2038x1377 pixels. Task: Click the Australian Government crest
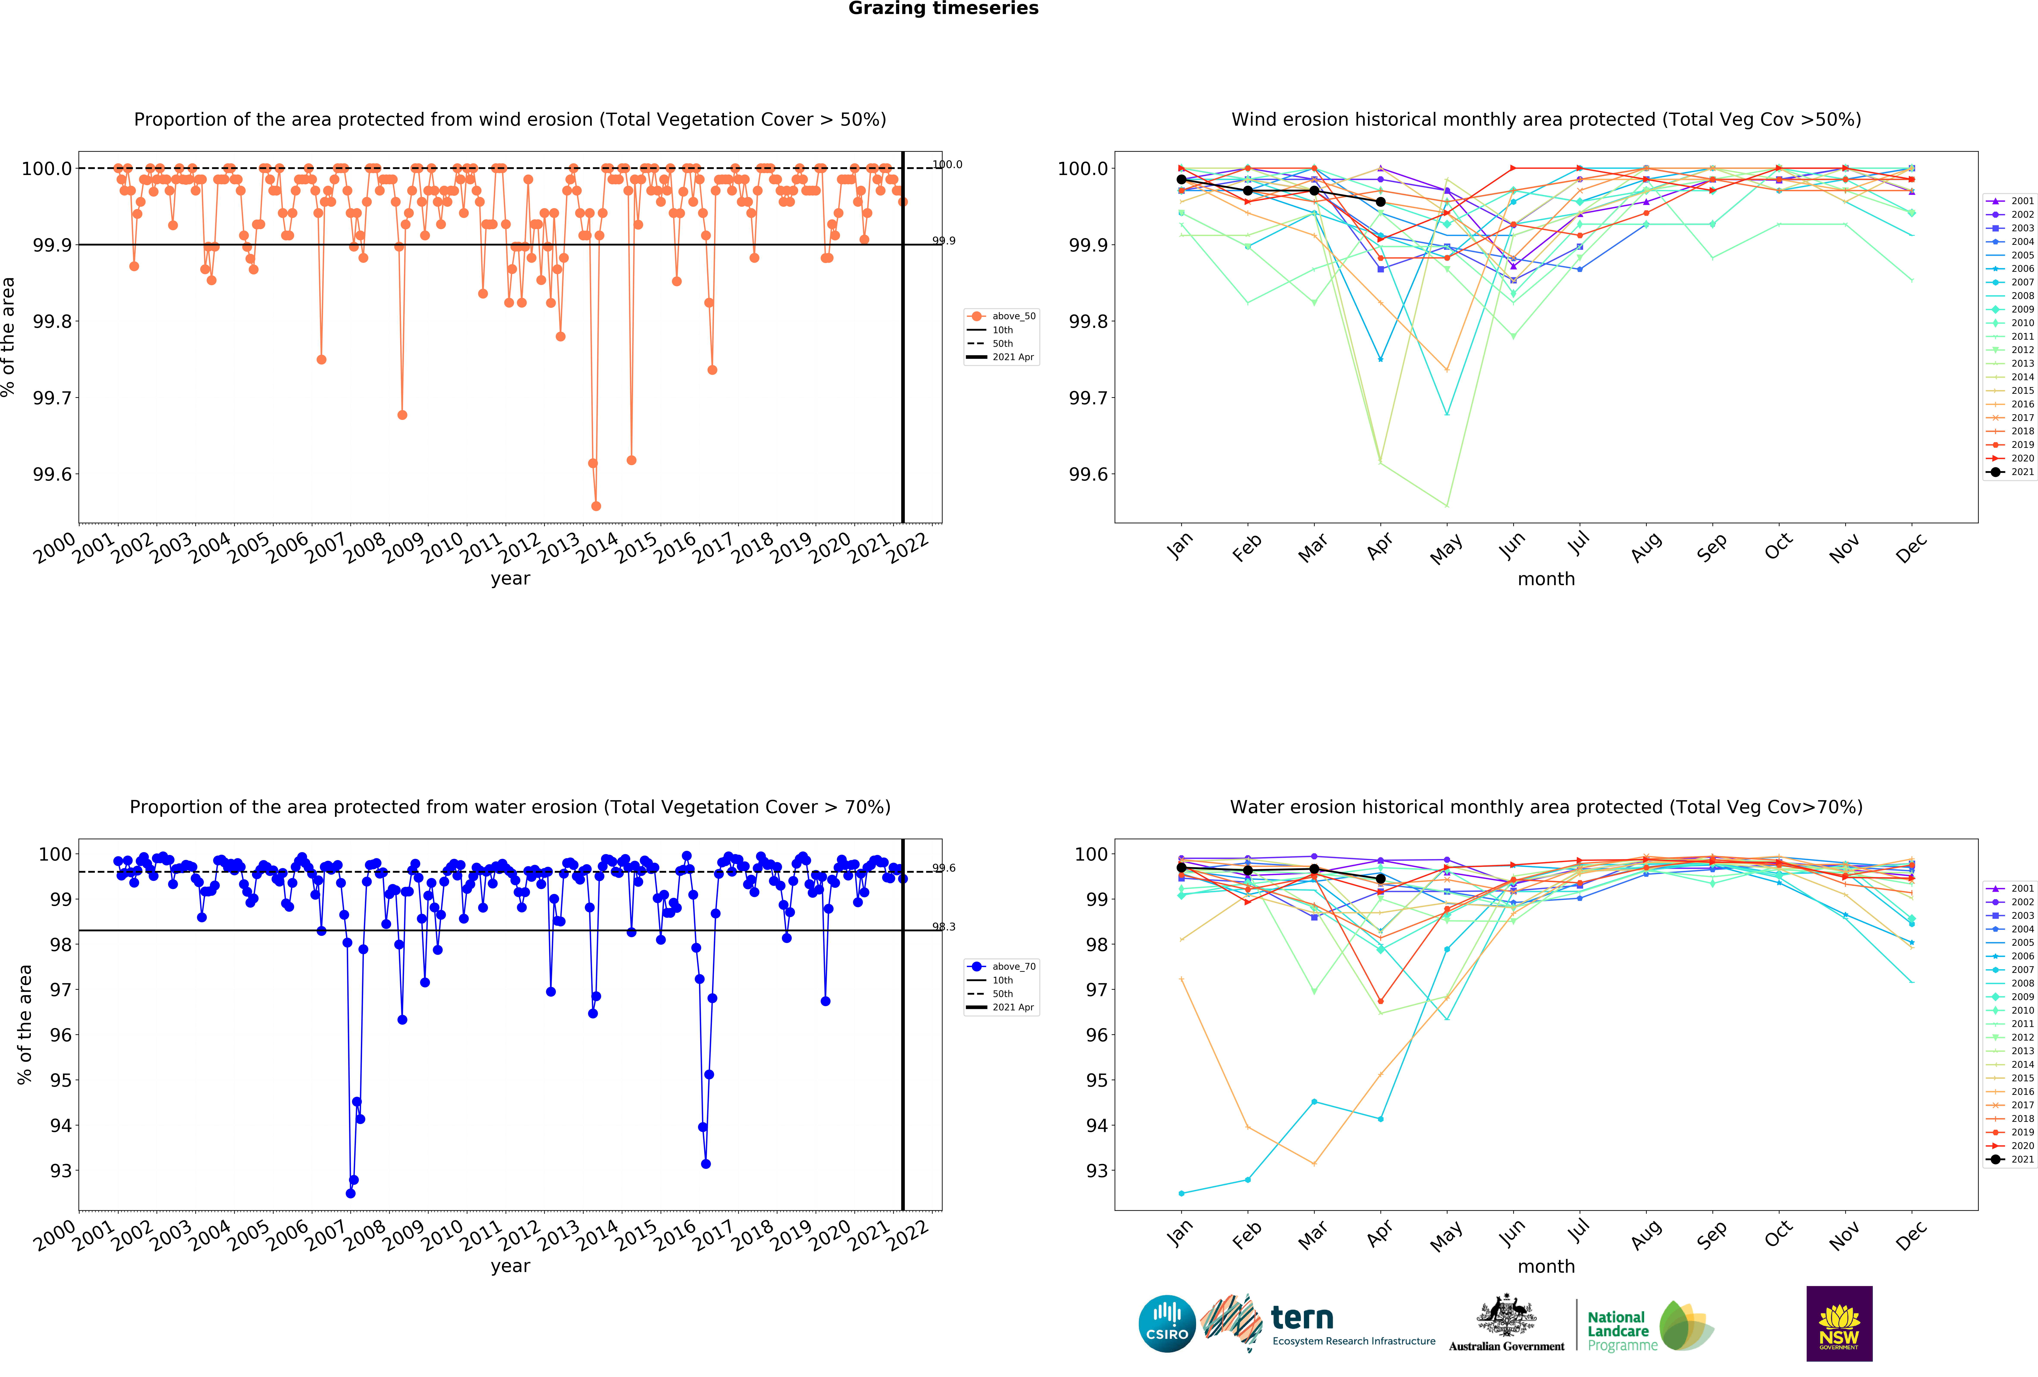pos(1506,1315)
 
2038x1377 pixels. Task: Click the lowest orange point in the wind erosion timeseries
pos(596,506)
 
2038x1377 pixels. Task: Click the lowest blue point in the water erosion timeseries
pos(351,1193)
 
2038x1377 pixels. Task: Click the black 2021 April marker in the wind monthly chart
pos(1380,202)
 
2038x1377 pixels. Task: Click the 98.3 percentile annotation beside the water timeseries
pos(944,927)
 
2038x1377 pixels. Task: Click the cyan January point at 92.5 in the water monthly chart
pos(1181,1193)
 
